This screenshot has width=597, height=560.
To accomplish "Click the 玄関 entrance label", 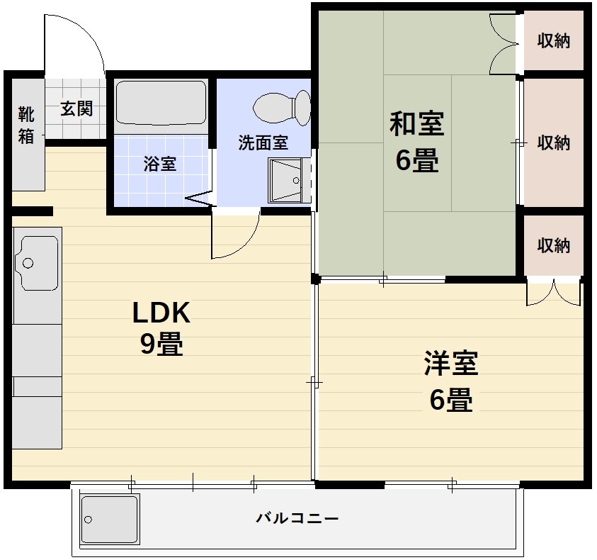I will pos(76,109).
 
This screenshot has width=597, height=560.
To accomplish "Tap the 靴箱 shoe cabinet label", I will pos(25,125).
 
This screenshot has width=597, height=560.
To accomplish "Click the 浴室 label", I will pos(160,164).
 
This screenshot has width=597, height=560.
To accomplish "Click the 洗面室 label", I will pos(263,142).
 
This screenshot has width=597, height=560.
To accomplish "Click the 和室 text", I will pos(416,124).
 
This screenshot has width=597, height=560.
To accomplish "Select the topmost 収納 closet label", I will pos(553,41).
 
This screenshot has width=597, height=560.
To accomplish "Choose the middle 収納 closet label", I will pos(553,142).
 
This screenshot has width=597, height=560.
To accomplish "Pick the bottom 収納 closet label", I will pos(553,246).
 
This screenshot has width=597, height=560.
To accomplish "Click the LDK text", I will pos(161,312).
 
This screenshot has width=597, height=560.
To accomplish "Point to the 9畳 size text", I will pos(161,345).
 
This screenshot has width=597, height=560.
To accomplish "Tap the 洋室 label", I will pos(451,364).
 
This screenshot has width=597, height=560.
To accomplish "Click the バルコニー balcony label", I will pos(297,518).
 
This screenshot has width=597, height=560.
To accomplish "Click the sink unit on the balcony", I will pos(110,518).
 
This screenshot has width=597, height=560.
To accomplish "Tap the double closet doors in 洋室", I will pos(553,293).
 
